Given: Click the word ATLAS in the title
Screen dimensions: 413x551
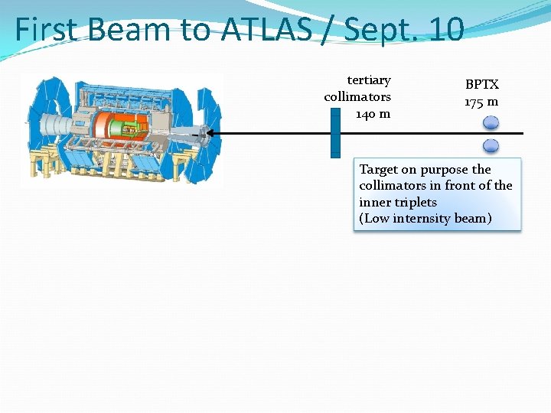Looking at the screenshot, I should pos(267,30).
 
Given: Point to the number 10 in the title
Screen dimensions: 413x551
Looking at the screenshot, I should pos(446,30).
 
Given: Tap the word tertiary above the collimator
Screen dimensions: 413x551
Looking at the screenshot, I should pos(369,80).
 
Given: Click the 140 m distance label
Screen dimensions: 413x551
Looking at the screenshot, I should pos(373,114).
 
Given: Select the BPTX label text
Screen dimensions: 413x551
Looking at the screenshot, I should pos(482,85).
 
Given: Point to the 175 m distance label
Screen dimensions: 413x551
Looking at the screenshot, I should pos(481,101).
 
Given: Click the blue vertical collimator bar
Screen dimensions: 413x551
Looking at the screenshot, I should pos(335,133).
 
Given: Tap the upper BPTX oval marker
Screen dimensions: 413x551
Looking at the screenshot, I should pos(491,122).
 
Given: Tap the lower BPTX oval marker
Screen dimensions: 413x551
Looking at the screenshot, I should pos(491,145).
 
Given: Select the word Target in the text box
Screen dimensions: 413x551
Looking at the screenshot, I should pos(380,170).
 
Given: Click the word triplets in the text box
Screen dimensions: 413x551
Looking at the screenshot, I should pos(412,202).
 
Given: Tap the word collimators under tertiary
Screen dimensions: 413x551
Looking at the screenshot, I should pos(357,97).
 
